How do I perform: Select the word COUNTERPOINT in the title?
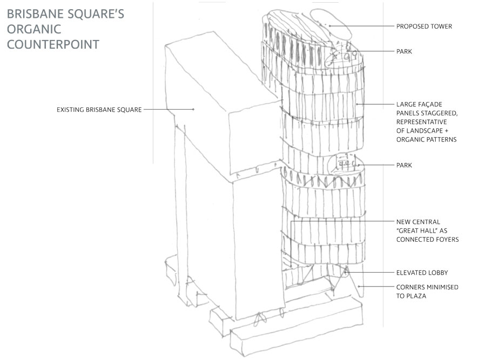click(53, 44)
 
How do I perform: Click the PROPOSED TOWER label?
click(424, 26)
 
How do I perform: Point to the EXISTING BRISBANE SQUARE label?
click(99, 110)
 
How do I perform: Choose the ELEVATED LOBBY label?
click(422, 273)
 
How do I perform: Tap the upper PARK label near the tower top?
click(404, 51)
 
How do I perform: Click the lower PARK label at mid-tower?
click(404, 165)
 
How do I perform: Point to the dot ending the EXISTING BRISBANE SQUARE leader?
click(193, 110)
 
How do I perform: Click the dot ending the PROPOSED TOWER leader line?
click(329, 25)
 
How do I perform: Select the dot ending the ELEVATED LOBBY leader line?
click(346, 273)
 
